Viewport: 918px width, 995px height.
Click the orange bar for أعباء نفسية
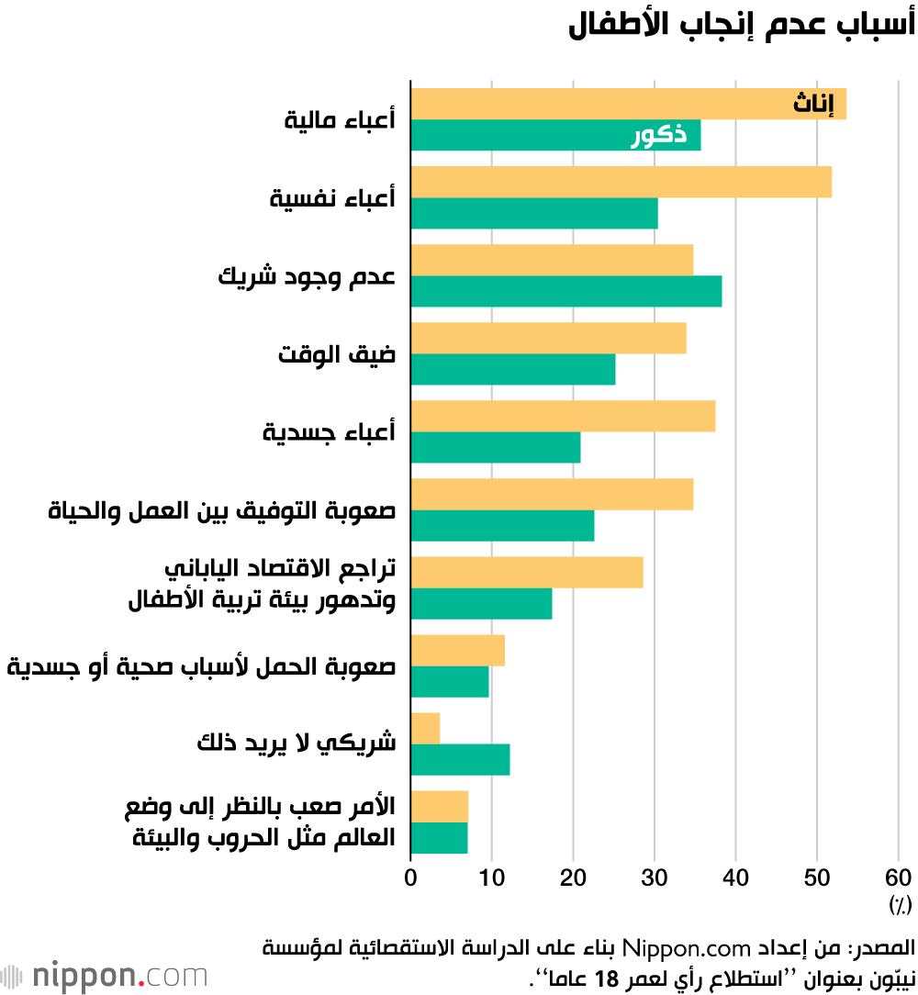(621, 182)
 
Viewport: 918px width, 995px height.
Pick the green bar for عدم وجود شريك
(565, 291)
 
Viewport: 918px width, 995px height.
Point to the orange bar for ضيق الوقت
(548, 338)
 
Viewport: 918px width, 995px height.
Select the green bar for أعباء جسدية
(495, 447)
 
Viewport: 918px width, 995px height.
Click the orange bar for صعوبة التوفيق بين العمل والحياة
(552, 494)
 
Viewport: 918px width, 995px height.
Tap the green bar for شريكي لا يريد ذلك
(460, 760)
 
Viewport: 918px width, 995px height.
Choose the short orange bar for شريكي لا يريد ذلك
(425, 728)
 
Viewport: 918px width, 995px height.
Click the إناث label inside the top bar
(813, 105)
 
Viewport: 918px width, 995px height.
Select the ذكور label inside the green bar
(660, 136)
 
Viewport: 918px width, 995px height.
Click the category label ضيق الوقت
(337, 353)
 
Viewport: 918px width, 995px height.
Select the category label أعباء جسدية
(329, 431)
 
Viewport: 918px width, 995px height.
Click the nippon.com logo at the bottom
(104, 975)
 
